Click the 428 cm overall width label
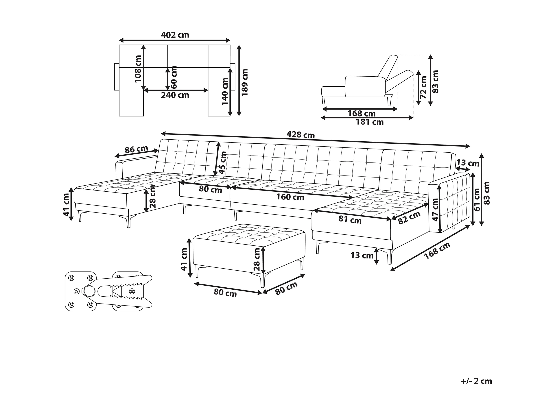coord(300,135)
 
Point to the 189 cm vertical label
coord(244,82)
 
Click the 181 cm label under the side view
coord(370,122)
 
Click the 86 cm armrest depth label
coord(136,149)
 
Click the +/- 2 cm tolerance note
coord(476,381)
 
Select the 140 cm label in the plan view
coord(225,91)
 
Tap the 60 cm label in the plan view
coord(174,77)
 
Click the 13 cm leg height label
coord(362,255)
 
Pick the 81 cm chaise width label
coord(350,220)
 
